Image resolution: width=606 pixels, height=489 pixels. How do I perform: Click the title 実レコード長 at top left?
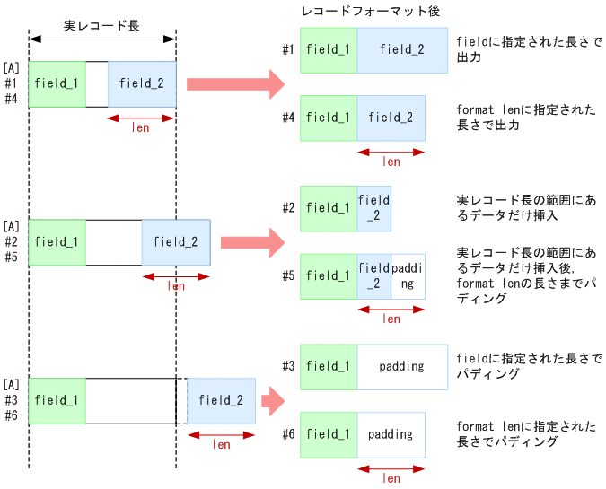pyautogui.click(x=101, y=26)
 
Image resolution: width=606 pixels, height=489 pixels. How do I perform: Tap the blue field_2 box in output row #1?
pyautogui.click(x=402, y=49)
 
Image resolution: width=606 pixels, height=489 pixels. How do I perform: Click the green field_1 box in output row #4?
pyautogui.click(x=328, y=118)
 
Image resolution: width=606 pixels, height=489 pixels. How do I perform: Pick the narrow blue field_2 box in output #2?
pyautogui.click(x=373, y=208)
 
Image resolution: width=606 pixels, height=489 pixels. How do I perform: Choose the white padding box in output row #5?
pyautogui.click(x=408, y=276)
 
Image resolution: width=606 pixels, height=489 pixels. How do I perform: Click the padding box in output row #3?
pyautogui.click(x=402, y=366)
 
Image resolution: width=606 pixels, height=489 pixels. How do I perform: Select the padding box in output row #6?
pyautogui.click(x=391, y=434)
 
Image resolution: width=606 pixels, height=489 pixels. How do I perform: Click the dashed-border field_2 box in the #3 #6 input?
pyautogui.click(x=221, y=400)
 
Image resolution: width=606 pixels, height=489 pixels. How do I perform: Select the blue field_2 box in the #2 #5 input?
pyautogui.click(x=176, y=241)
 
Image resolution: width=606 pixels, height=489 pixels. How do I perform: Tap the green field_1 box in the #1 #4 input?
pyautogui.click(x=57, y=83)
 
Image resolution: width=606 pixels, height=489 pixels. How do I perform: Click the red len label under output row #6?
pyautogui.click(x=391, y=477)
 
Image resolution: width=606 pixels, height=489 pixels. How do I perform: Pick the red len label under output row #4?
pyautogui.click(x=391, y=162)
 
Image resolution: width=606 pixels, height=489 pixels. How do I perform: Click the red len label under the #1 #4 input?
pyautogui.click(x=141, y=127)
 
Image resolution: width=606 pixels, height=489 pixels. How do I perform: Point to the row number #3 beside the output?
pyautogui.click(x=288, y=366)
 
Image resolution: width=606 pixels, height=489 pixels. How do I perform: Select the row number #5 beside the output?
pyautogui.click(x=288, y=275)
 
